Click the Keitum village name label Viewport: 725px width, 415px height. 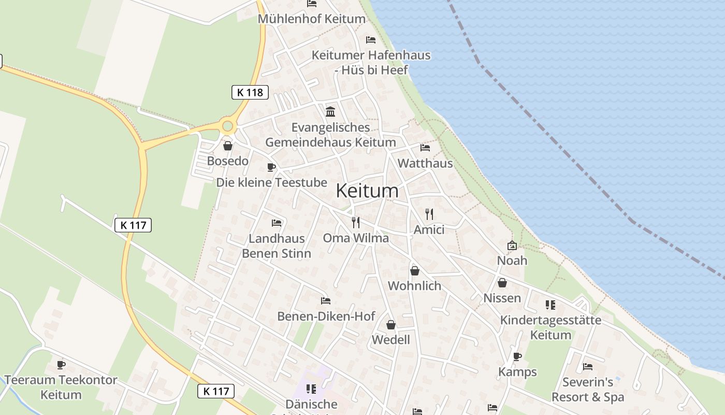tap(367, 190)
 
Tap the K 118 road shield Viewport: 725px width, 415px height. tap(250, 92)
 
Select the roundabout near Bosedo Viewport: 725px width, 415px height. tap(227, 126)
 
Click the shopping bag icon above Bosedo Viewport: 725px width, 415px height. tap(227, 146)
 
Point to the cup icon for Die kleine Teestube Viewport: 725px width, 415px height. tap(271, 167)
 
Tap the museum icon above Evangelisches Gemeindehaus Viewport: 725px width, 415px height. tap(330, 112)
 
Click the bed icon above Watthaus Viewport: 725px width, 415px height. tap(425, 148)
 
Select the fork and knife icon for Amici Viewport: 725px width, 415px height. tap(429, 214)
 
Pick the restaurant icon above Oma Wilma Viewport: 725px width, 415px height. tap(355, 223)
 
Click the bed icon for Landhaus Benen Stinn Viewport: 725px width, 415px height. tap(277, 223)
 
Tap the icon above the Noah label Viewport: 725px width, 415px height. tap(512, 245)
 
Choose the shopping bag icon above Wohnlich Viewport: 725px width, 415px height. tap(414, 271)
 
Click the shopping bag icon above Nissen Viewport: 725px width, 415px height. tap(502, 283)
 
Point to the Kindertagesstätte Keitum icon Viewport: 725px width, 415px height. tap(550, 305)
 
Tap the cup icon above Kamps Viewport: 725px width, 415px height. tap(517, 356)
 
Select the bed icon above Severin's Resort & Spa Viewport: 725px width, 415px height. tap(587, 367)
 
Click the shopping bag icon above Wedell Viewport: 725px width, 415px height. tap(391, 325)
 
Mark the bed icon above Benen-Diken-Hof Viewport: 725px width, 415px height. tap(325, 301)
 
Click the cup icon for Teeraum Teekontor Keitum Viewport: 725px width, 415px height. tap(61, 365)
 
